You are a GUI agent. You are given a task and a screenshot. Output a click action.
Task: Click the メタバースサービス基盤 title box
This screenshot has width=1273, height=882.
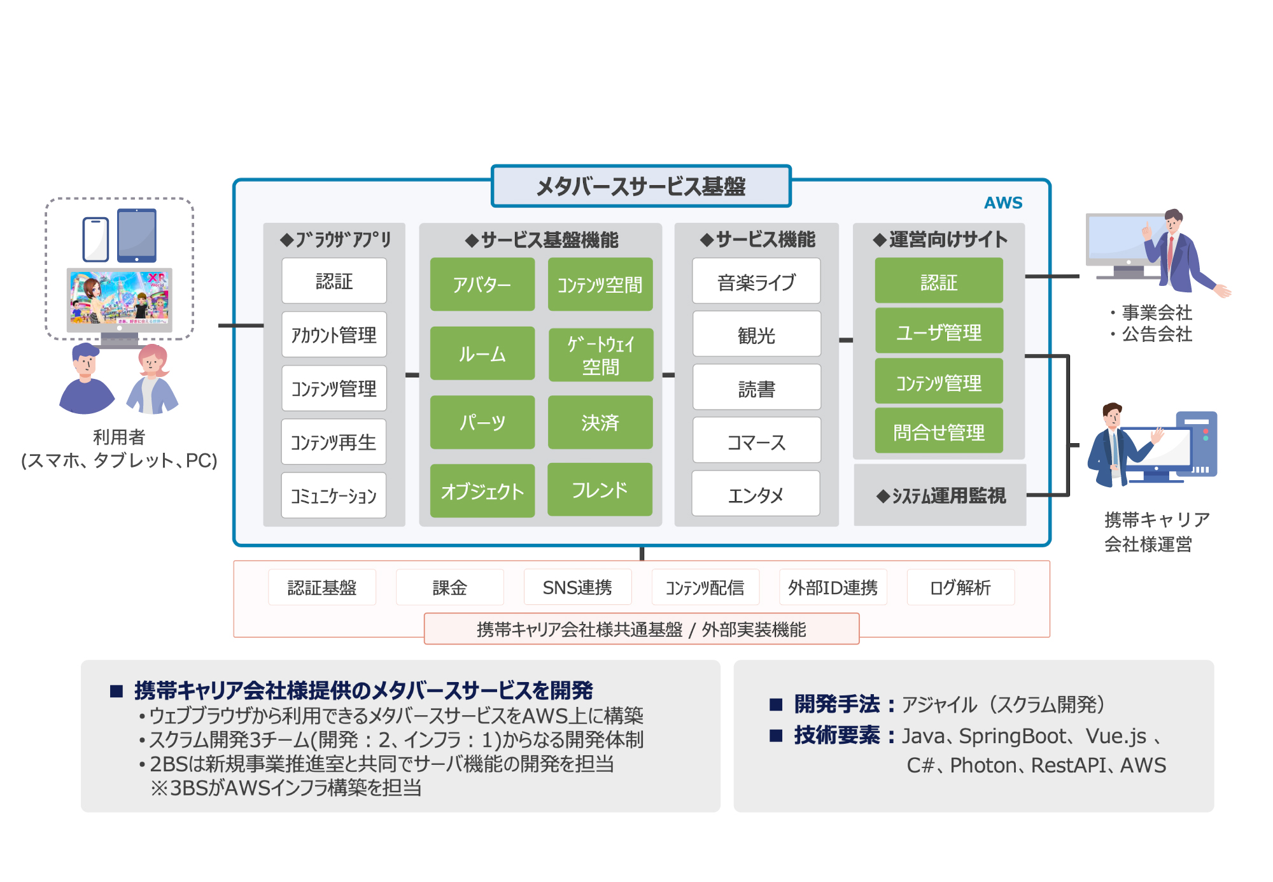pyautogui.click(x=640, y=186)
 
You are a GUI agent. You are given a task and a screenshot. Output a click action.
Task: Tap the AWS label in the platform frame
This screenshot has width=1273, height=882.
pyautogui.click(x=1002, y=203)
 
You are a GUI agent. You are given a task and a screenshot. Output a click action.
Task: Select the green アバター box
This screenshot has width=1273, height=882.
pyautogui.click(x=482, y=284)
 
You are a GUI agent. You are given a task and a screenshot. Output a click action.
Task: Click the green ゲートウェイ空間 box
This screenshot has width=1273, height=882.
pyautogui.click(x=600, y=355)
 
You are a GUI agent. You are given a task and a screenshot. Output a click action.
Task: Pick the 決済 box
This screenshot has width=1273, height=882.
pyautogui.click(x=600, y=422)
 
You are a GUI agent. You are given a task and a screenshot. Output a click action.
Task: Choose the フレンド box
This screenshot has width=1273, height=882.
pyautogui.click(x=600, y=490)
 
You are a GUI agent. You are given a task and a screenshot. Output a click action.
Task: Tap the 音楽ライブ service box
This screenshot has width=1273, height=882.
pyautogui.click(x=756, y=281)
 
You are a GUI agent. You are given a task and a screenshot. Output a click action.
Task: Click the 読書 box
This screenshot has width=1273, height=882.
pyautogui.click(x=756, y=388)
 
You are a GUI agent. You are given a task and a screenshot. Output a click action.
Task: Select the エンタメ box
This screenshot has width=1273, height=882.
pyautogui.click(x=756, y=494)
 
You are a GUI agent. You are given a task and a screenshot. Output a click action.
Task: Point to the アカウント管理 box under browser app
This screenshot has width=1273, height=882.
pyautogui.click(x=334, y=334)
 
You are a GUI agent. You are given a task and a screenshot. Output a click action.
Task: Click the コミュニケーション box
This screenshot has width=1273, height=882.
pyautogui.click(x=334, y=495)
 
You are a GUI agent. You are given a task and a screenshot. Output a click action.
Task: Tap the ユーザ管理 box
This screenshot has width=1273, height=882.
pyautogui.click(x=939, y=331)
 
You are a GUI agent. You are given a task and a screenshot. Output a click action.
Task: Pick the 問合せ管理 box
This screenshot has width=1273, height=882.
pyautogui.click(x=939, y=432)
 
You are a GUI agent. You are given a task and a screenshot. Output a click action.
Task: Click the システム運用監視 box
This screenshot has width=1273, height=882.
pyautogui.click(x=940, y=495)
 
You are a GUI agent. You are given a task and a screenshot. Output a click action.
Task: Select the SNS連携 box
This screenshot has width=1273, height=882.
pyautogui.click(x=577, y=587)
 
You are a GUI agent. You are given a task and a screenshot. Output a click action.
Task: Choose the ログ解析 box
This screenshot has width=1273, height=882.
pyautogui.click(x=960, y=587)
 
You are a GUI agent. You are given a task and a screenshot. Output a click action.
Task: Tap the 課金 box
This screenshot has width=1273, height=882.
pyautogui.click(x=449, y=587)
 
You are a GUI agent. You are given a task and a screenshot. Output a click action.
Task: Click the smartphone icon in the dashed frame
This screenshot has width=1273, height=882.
pyautogui.click(x=95, y=239)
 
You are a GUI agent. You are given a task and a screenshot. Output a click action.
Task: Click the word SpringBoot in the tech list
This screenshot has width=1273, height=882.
pyautogui.click(x=1013, y=736)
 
